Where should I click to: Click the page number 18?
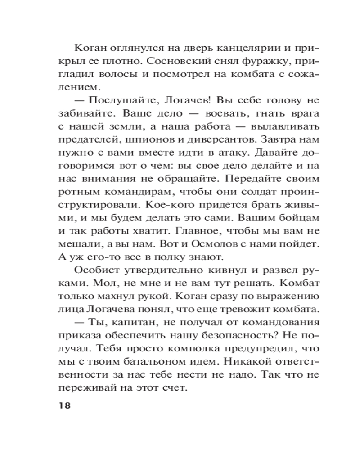pyautogui.click(x=65, y=405)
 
